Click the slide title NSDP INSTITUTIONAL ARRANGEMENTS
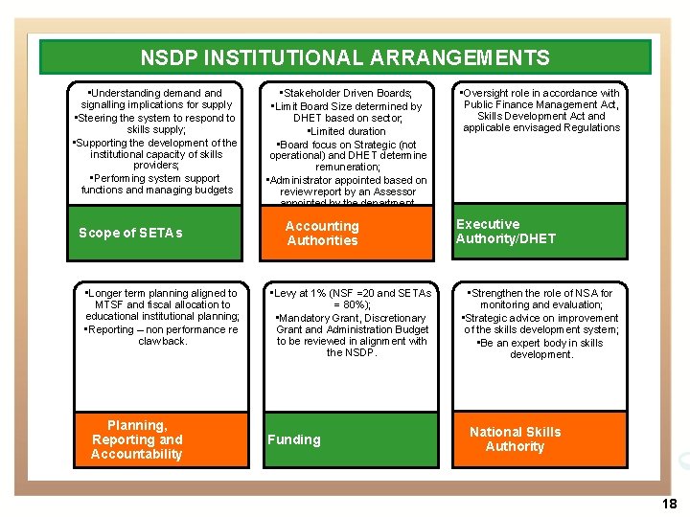345,57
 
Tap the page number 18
669,504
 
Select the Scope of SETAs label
130,233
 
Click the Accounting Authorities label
322,234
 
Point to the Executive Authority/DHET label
505,232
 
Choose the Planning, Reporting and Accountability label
136,439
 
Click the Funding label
293,439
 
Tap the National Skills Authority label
515,439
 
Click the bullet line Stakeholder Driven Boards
345,94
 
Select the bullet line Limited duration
346,131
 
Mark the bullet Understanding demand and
154,94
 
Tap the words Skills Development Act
525,116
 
